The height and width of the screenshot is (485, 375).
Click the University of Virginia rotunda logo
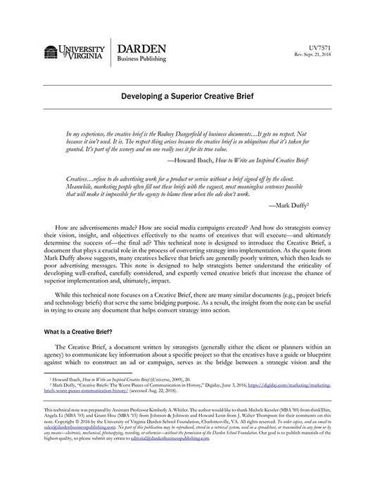coord(51,51)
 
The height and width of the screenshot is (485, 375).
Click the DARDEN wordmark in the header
coord(141,48)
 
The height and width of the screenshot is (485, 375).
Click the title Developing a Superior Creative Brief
coord(187,95)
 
